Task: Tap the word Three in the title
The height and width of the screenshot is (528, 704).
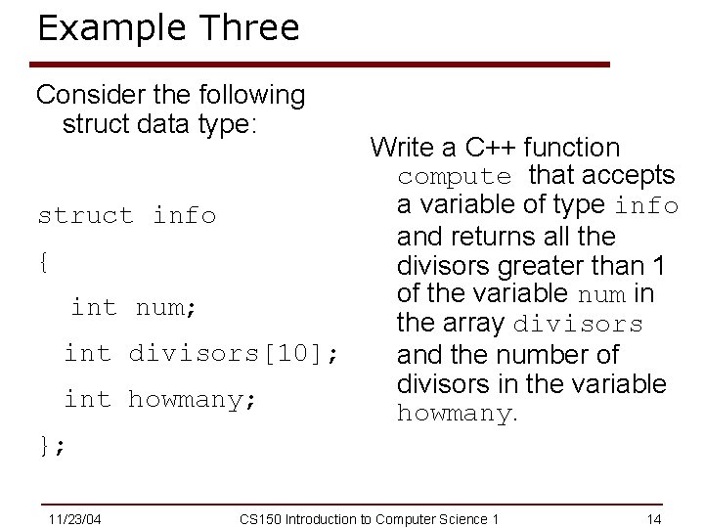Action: pos(248,27)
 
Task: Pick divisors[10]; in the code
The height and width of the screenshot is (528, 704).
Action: pos(235,352)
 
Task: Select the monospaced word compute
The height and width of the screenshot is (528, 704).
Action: pos(454,177)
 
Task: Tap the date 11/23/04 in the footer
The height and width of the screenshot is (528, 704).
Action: pos(75,517)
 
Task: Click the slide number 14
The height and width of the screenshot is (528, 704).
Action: pos(655,517)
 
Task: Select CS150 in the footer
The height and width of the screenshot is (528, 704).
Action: pos(258,517)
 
